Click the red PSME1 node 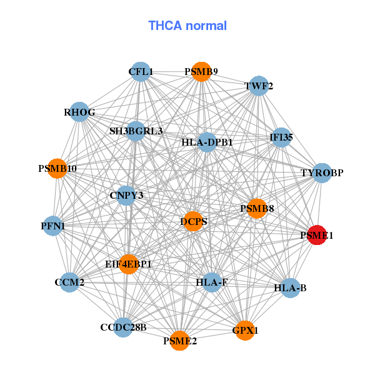tap(317, 235)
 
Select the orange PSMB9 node tap(201, 72)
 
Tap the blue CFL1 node tap(141, 72)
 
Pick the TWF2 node tap(259, 86)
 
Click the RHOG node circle tap(79, 112)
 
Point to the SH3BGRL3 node tap(136, 131)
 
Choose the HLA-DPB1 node tap(207, 142)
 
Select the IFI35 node tap(281, 137)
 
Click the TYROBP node tap(321, 172)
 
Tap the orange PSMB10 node tap(57, 169)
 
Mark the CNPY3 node tap(126, 196)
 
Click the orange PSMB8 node tap(257, 208)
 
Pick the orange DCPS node tap(194, 221)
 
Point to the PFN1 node tap(53, 225)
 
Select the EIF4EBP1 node tap(129, 264)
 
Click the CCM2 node tap(69, 282)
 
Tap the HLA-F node tap(212, 282)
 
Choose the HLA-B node tap(290, 288)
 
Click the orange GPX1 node tap(245, 330)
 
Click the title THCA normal tap(187, 26)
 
